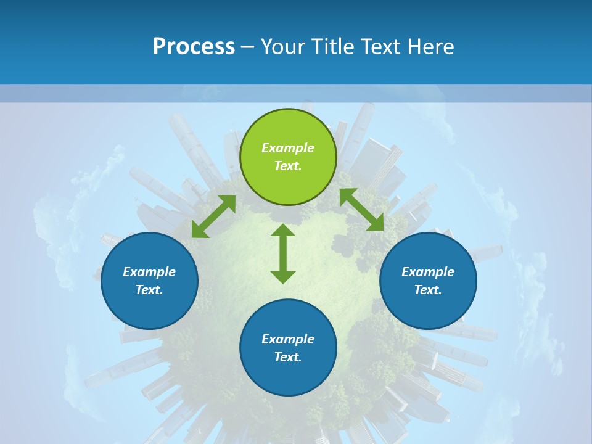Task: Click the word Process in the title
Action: [x=194, y=47]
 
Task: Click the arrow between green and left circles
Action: [x=213, y=216]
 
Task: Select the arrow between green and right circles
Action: [x=361, y=210]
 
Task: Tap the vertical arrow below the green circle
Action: [x=283, y=253]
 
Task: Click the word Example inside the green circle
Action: [x=288, y=148]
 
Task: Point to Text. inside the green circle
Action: [x=288, y=166]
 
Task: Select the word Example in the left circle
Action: [x=149, y=272]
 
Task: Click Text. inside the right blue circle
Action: [x=428, y=290]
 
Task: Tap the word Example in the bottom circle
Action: [x=288, y=339]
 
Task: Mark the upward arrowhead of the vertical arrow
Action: [x=283, y=231]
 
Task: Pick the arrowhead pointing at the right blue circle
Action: [x=376, y=223]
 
